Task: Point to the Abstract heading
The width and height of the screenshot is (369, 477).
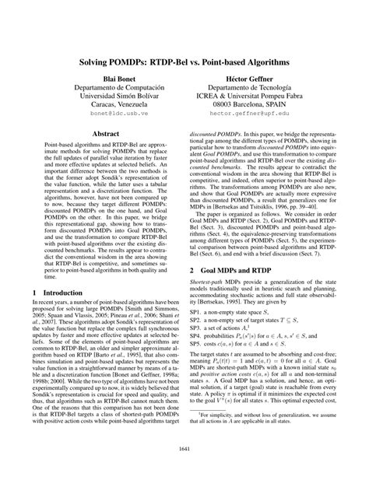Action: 107,134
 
